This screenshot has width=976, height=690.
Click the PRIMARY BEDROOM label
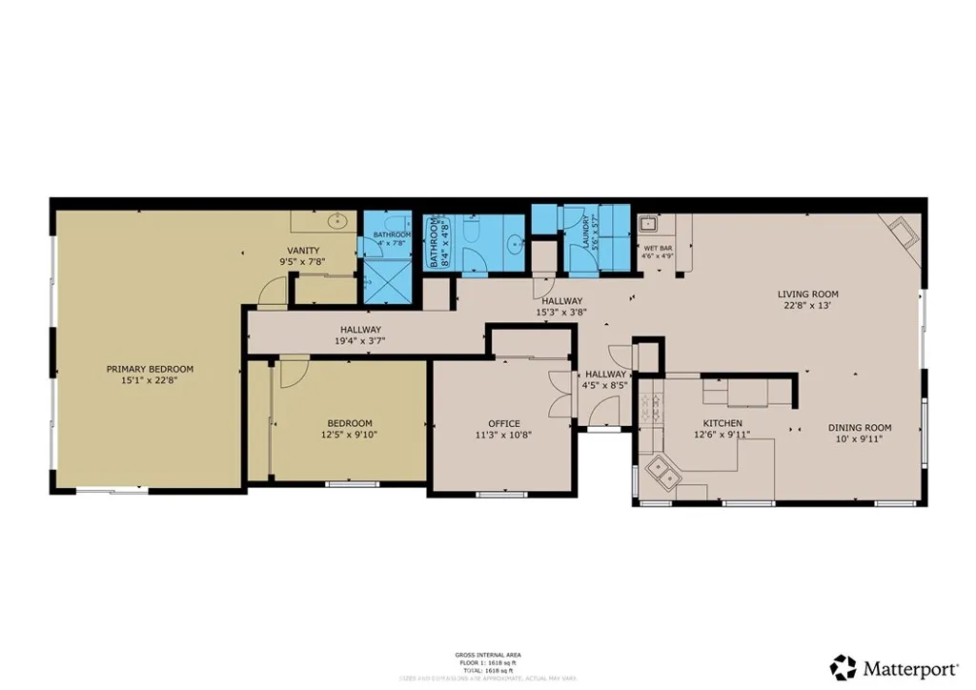150,369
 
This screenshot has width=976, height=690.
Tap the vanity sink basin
337,221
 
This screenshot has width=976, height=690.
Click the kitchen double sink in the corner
661,468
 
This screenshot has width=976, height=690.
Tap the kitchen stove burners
653,411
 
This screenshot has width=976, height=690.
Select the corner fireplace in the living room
903,233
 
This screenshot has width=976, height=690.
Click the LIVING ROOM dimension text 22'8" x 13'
808,306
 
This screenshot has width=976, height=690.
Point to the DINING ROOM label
859,428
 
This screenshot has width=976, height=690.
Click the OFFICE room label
504,424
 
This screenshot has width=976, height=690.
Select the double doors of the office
559,392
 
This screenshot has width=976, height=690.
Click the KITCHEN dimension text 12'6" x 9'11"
722,436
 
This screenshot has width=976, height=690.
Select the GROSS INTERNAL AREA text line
488,655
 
